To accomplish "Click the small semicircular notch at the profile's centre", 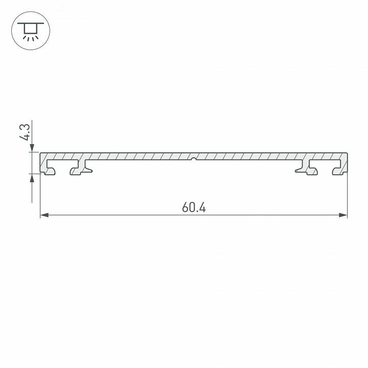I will point(194,159).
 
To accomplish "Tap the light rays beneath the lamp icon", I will point(30,37).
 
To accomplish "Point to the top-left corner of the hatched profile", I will point(41,153).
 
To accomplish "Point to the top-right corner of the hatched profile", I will point(347,153).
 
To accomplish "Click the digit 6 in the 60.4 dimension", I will point(185,208).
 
